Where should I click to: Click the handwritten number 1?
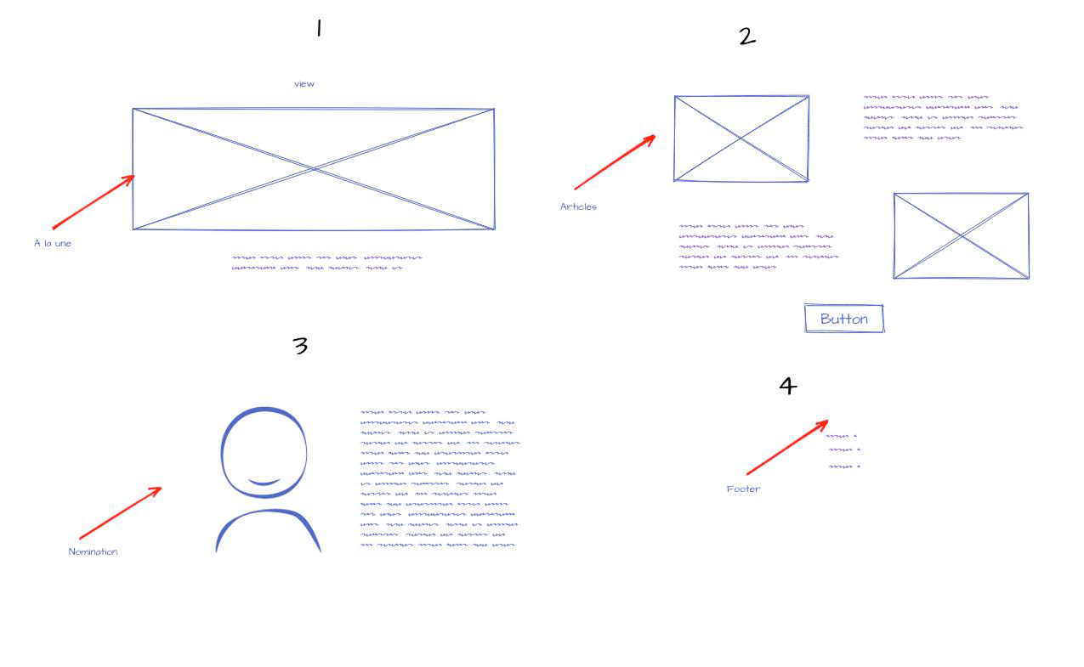click(x=319, y=28)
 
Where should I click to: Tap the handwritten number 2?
click(x=747, y=37)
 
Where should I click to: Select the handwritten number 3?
click(x=300, y=345)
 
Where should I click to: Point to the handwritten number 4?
click(x=788, y=386)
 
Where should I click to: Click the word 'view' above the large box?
click(x=304, y=83)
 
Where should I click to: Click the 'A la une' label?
click(x=52, y=243)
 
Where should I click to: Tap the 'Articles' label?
click(x=578, y=206)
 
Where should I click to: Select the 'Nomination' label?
click(x=93, y=551)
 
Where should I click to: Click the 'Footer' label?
click(x=743, y=489)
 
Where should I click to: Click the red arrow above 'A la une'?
click(x=93, y=202)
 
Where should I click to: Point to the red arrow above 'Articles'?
click(x=615, y=162)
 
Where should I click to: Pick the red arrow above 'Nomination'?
click(x=121, y=512)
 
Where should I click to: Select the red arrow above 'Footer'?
click(x=787, y=448)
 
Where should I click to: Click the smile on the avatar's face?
click(x=264, y=483)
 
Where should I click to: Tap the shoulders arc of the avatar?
click(x=268, y=512)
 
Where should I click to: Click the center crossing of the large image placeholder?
click(x=314, y=169)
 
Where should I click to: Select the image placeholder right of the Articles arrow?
click(x=741, y=138)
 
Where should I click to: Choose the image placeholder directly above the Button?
click(x=961, y=236)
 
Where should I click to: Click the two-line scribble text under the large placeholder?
click(x=326, y=263)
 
